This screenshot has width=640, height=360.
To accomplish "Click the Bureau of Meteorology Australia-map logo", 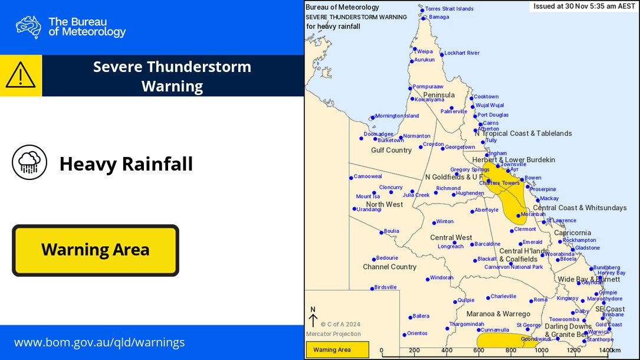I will [28, 27].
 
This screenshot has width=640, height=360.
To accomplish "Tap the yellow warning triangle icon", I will [21, 76].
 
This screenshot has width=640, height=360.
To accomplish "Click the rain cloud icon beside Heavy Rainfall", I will [29, 162].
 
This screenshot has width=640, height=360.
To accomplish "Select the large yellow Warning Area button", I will [95, 250].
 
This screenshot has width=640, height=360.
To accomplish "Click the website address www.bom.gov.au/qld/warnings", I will [99, 342].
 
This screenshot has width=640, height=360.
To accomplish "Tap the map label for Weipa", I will [425, 51].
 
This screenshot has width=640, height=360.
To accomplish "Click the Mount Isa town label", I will [367, 197].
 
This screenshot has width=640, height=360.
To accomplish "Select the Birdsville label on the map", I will [385, 287].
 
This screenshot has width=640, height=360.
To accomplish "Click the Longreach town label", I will [450, 247].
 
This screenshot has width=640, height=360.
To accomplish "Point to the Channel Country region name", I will [389, 267].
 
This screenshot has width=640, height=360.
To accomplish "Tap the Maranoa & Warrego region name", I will [498, 314].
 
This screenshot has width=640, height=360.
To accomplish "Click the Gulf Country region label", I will [391, 150].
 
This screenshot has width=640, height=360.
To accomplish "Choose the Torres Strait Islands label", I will [449, 9].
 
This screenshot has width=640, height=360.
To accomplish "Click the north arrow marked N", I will [313, 318].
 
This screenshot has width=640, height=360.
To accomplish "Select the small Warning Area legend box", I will [337, 350].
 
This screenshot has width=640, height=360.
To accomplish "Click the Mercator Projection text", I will [333, 334].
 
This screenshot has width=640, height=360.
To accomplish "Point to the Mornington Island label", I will [397, 116].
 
